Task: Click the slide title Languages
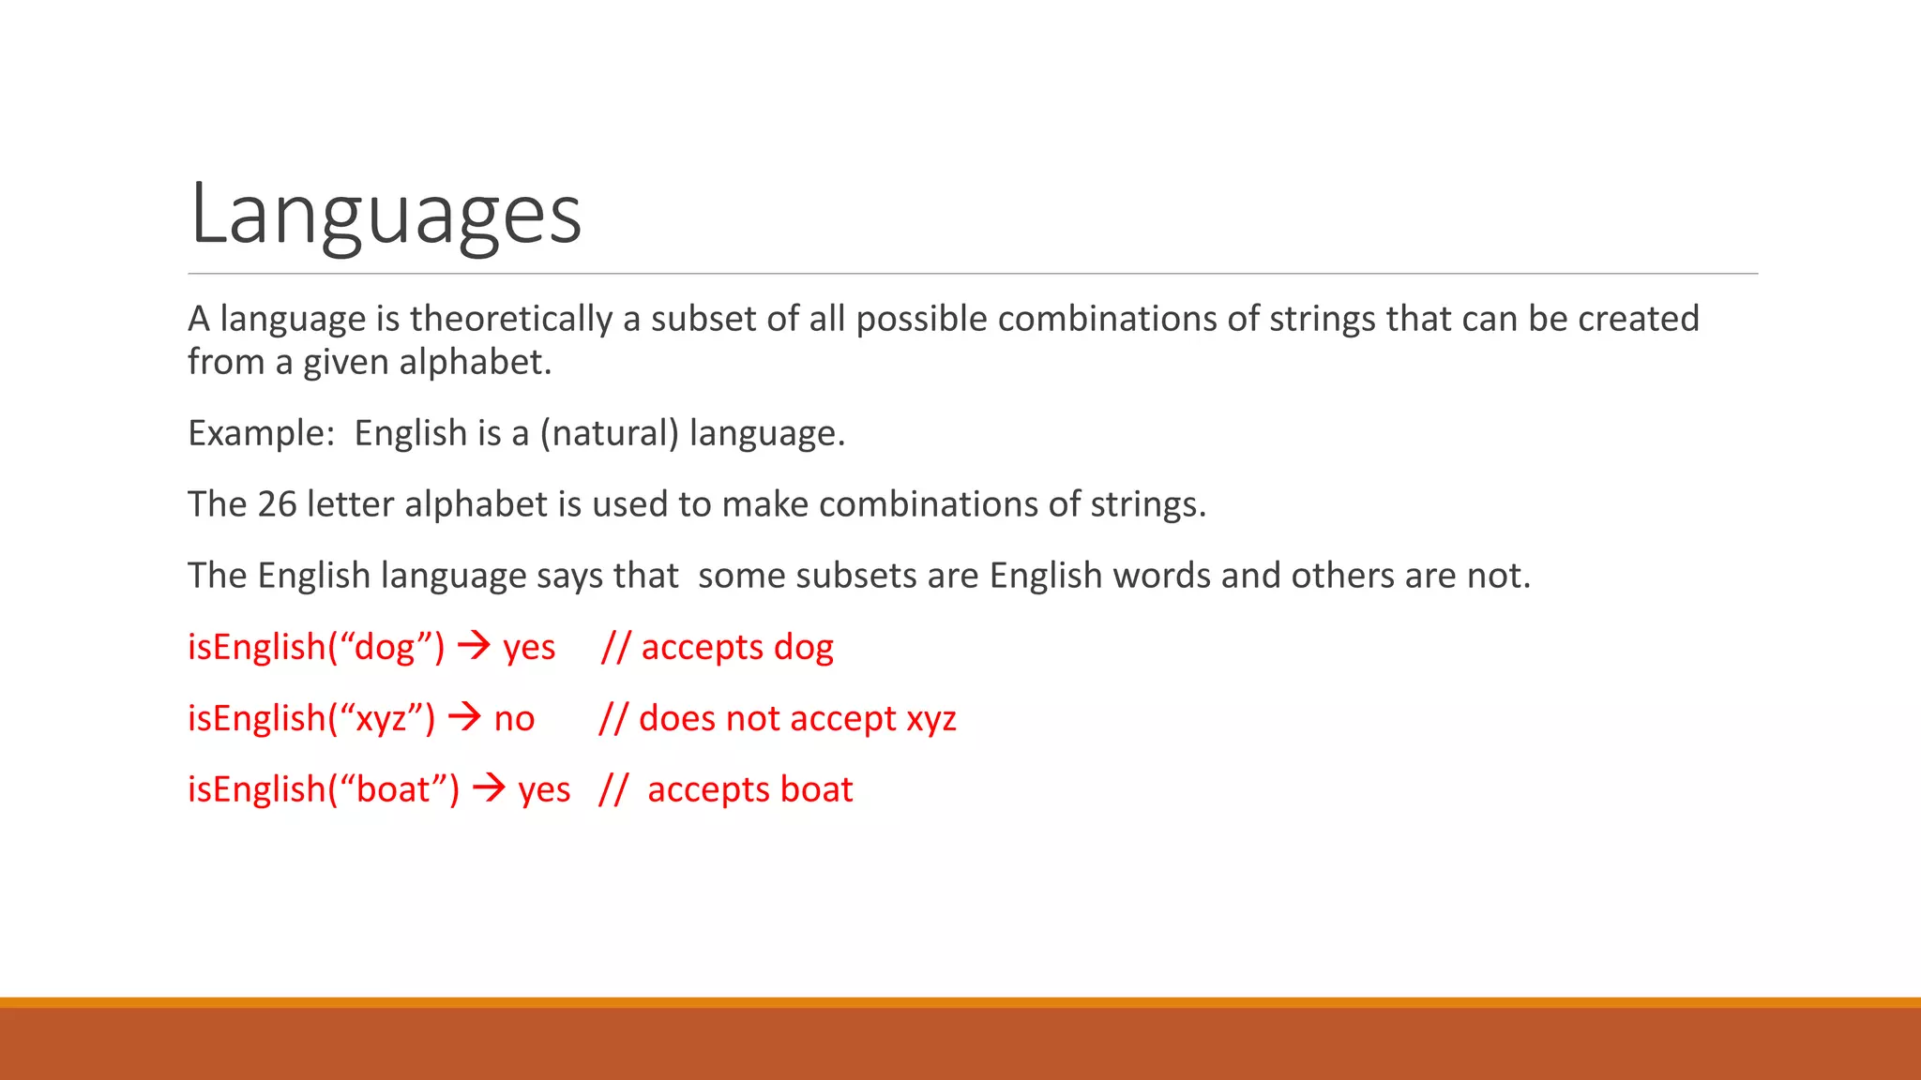pyautogui.click(x=386, y=215)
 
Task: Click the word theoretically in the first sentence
pyautogui.click(x=511, y=319)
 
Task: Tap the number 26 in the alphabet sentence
pyautogui.click(x=278, y=504)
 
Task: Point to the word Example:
pyautogui.click(x=262, y=433)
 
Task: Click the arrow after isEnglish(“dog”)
pyautogui.click(x=475, y=645)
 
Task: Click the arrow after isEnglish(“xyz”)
pyautogui.click(x=465, y=717)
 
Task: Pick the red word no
pyautogui.click(x=514, y=719)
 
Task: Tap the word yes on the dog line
pyautogui.click(x=529, y=648)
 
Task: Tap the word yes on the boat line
pyautogui.click(x=544, y=790)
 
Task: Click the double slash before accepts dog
pyautogui.click(x=615, y=647)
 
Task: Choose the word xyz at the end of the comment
pyautogui.click(x=931, y=719)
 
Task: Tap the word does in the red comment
pyautogui.click(x=676, y=718)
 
